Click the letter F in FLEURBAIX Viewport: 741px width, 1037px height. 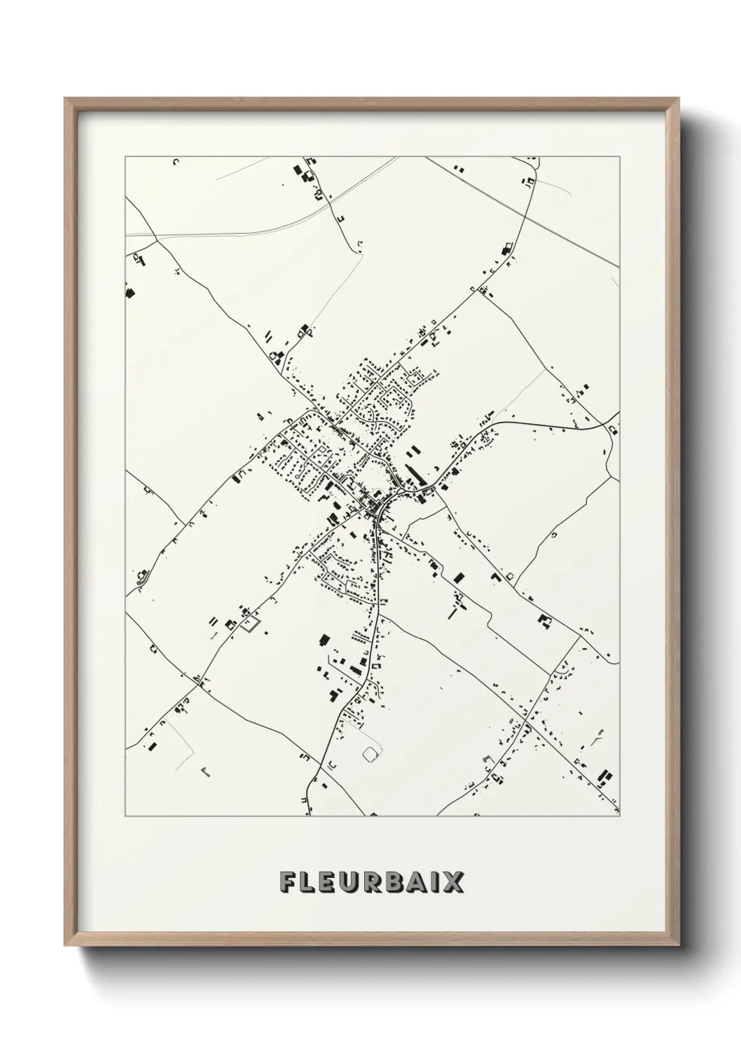pyautogui.click(x=288, y=882)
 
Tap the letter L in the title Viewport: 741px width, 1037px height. pyautogui.click(x=309, y=882)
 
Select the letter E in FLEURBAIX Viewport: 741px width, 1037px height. pyautogui.click(x=331, y=882)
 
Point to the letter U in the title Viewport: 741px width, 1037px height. pyautogui.click(x=354, y=882)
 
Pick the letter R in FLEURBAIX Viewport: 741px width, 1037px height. pyautogui.click(x=378, y=882)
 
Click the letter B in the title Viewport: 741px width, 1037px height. pyautogui.click(x=401, y=882)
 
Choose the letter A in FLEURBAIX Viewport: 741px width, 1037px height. pyautogui.click(x=424, y=882)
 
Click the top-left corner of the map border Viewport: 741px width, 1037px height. pyautogui.click(x=125, y=157)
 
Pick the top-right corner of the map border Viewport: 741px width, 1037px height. pyautogui.click(x=620, y=157)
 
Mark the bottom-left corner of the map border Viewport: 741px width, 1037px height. pyautogui.click(x=125, y=816)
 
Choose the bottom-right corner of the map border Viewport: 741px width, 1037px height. pyautogui.click(x=620, y=816)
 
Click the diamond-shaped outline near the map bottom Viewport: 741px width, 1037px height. pyautogui.click(x=370, y=754)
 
